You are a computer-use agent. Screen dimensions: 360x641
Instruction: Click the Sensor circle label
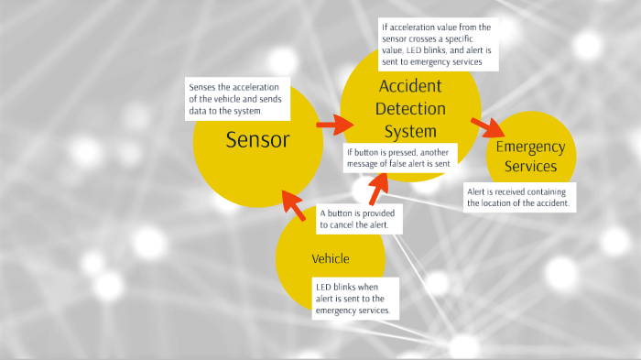tap(257, 140)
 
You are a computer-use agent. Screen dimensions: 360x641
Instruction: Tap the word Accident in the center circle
tap(410, 87)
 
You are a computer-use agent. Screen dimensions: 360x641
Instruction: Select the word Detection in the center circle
tap(410, 109)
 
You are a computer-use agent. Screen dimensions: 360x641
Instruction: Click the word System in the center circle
tap(410, 131)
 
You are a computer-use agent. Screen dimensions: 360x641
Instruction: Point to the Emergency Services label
tap(530, 157)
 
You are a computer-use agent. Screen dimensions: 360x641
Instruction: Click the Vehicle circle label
tap(331, 258)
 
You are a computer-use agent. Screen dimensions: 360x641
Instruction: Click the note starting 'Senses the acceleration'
tap(237, 99)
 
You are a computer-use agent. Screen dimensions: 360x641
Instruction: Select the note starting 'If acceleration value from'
tap(438, 44)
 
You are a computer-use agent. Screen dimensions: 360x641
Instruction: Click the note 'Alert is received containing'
tap(519, 197)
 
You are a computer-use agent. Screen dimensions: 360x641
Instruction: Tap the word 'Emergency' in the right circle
tap(530, 147)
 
